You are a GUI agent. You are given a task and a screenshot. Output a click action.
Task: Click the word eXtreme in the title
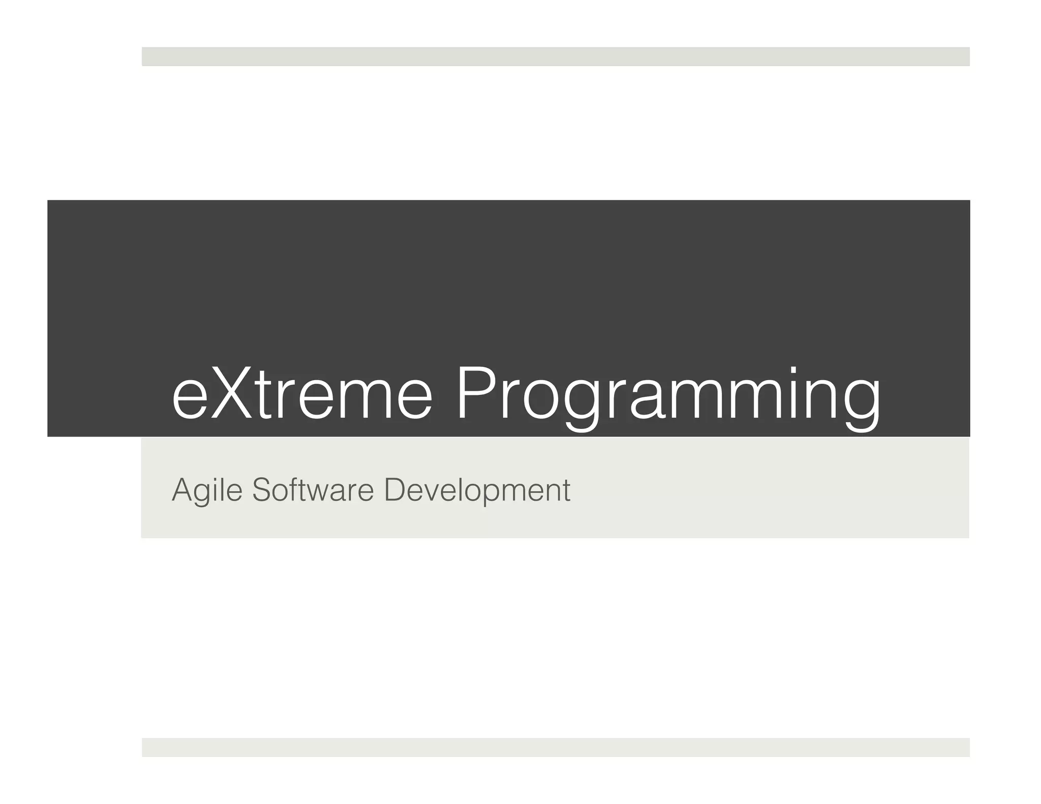pos(302,394)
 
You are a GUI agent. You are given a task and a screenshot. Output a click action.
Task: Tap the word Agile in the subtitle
pos(206,490)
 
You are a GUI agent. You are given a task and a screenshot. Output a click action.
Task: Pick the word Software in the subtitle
pos(312,490)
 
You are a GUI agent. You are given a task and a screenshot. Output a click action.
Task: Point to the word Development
pos(477,490)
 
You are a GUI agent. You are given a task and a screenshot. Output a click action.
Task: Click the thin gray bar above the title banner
pos(555,56)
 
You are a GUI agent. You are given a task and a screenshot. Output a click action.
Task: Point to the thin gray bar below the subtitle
pos(555,747)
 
